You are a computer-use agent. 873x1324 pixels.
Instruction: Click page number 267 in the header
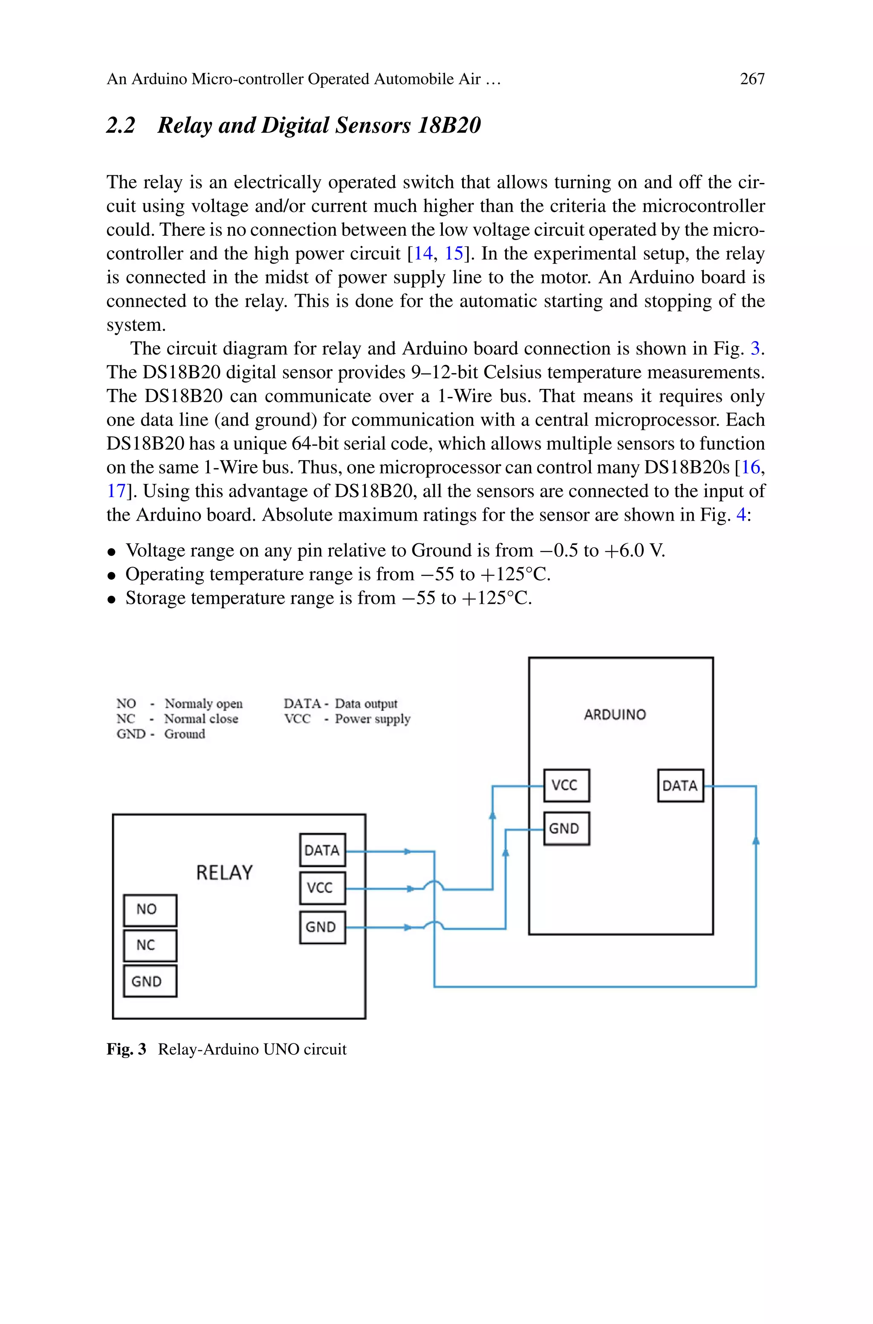[x=752, y=79]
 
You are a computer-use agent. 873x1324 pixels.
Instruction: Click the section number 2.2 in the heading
[x=121, y=125]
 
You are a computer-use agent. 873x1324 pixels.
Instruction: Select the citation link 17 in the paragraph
[x=116, y=491]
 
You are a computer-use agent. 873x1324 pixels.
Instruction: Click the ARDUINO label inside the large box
[x=615, y=714]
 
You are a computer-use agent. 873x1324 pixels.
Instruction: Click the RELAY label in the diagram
[x=224, y=872]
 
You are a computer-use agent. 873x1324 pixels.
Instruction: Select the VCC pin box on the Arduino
[x=566, y=785]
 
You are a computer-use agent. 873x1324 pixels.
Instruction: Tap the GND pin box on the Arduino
[x=566, y=829]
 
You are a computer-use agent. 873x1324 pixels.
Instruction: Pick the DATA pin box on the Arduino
[x=680, y=785]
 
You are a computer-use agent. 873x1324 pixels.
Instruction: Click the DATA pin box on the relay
[x=322, y=850]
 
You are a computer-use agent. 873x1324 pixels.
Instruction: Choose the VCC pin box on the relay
[x=322, y=887]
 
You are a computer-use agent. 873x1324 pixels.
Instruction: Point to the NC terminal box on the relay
[x=150, y=945]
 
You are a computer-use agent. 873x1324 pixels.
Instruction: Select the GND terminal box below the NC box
[x=150, y=981]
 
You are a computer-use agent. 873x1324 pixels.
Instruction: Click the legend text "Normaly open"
[x=203, y=704]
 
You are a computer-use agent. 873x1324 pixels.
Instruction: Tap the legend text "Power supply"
[x=373, y=719]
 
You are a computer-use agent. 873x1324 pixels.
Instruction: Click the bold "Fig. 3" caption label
[x=126, y=1049]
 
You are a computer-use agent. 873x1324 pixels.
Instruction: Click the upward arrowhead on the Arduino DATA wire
[x=755, y=840]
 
